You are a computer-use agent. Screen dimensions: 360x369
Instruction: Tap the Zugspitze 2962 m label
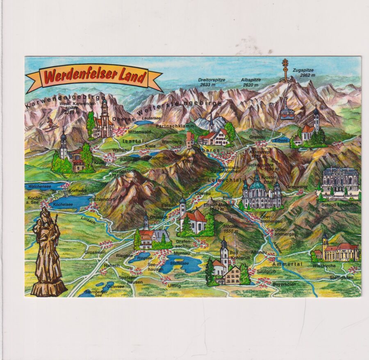coord(304,73)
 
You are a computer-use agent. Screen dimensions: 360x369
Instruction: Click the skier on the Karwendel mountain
coord(50,124)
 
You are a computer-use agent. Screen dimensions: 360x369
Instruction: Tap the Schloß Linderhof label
coord(341,204)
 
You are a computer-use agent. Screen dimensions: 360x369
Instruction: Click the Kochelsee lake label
coord(63,204)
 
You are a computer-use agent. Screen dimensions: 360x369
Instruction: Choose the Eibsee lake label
coord(281,140)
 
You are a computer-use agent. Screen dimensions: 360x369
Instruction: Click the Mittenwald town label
coord(139,132)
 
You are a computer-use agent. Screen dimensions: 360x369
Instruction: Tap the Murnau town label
coord(182,253)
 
